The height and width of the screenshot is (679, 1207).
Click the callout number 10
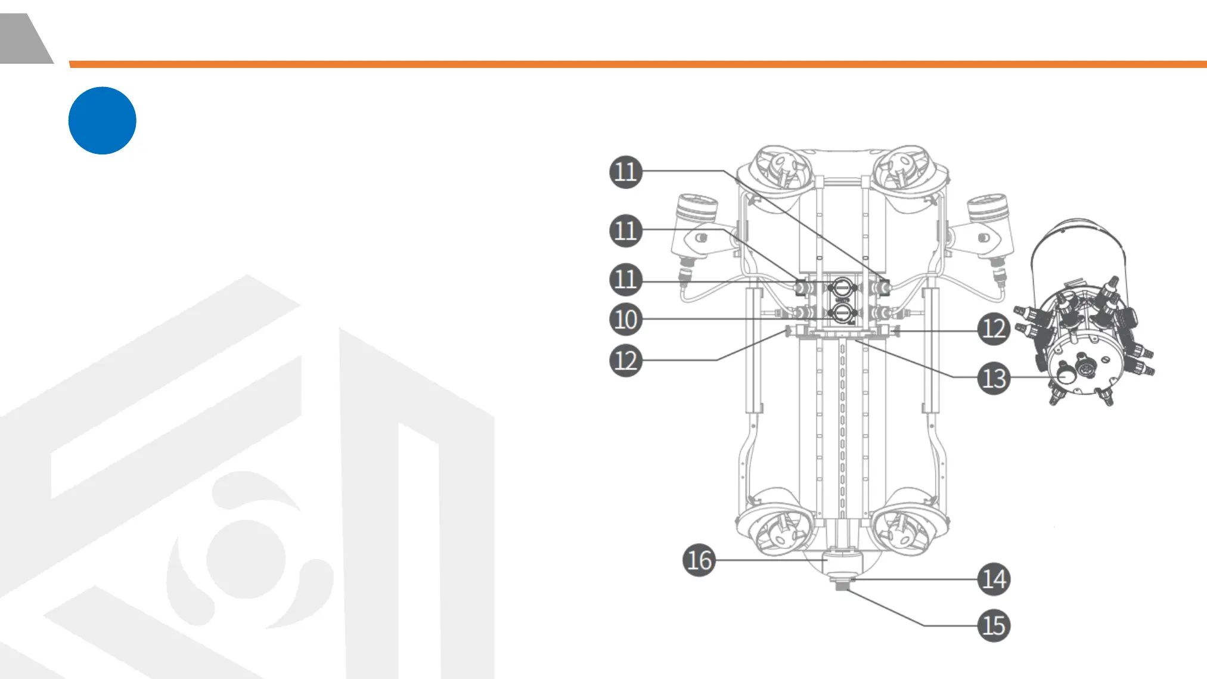625,319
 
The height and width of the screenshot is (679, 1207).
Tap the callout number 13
994,378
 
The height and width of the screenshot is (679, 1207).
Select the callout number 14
994,579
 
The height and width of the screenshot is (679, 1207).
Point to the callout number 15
994,625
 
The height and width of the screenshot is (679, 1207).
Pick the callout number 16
699,560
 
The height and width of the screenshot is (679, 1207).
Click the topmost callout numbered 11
625,172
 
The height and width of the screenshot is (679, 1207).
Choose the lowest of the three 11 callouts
625,279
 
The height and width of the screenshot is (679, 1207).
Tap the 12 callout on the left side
625,360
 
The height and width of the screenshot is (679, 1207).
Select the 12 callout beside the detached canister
994,328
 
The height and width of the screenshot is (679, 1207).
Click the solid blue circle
103,120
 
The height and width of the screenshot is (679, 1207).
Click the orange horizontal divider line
638,64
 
